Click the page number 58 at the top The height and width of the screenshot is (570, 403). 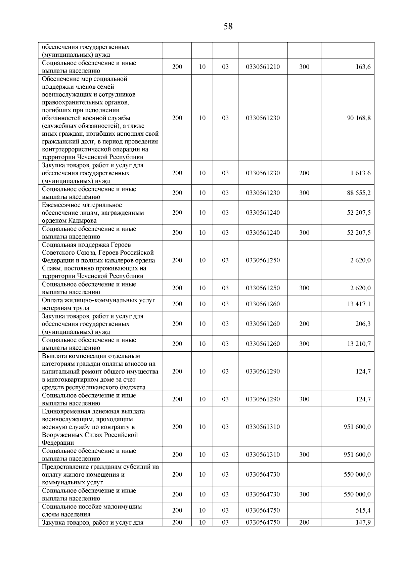[x=228, y=27]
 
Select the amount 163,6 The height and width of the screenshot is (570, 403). [x=363, y=67]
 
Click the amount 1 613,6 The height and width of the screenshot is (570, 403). [x=360, y=173]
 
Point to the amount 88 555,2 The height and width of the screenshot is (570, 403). [x=359, y=193]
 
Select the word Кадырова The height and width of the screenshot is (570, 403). [x=82, y=221]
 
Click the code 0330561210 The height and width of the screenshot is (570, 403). [x=263, y=67]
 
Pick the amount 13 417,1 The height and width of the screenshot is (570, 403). [x=359, y=304]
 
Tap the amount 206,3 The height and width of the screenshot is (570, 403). [x=363, y=324]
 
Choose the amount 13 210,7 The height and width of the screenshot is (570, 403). [x=359, y=344]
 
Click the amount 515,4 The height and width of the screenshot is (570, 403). [x=363, y=511]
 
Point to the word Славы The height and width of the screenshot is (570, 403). [x=51, y=268]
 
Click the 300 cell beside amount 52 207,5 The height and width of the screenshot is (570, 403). [x=304, y=233]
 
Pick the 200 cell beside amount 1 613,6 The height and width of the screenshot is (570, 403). [x=304, y=173]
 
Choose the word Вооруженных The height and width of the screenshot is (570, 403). [x=61, y=435]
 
